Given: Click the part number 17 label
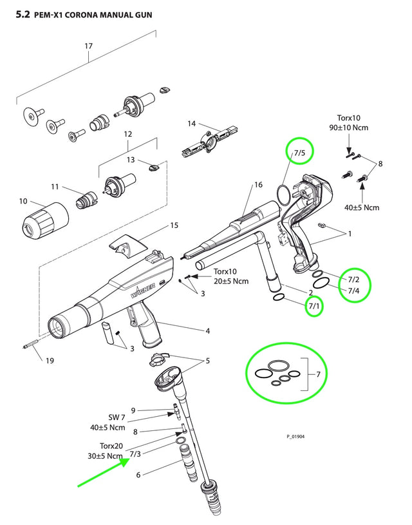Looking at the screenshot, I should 89,46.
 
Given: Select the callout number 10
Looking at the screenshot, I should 23,202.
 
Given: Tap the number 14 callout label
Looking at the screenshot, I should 192,123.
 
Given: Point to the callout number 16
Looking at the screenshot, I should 258,185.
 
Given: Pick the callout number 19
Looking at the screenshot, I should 50,360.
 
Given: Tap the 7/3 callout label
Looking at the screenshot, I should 135,453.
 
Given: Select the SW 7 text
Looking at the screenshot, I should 117,417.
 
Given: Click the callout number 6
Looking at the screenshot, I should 138,475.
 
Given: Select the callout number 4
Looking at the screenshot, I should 207,331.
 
